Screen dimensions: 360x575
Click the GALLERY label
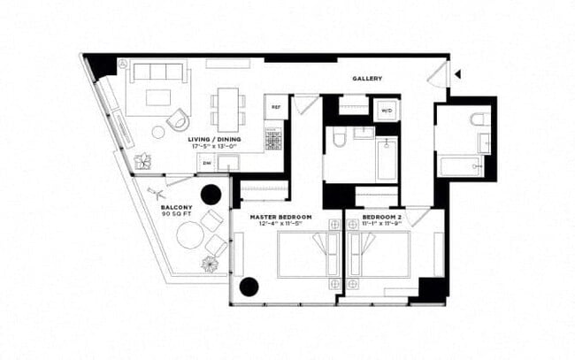(367, 79)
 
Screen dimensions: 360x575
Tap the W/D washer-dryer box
(387, 111)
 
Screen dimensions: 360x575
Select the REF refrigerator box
(275, 108)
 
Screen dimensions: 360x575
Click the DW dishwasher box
(206, 163)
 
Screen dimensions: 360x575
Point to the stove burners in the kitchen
(274, 141)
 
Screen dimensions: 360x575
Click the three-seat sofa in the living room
(157, 73)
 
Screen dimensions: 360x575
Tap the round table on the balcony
(190, 235)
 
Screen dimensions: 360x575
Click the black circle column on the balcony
(211, 194)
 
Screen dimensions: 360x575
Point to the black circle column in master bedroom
(249, 286)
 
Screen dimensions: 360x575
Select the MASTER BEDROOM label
(280, 218)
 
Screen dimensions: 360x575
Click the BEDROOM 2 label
(382, 218)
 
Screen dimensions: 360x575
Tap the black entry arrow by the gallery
(457, 75)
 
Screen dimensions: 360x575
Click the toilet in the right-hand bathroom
(479, 119)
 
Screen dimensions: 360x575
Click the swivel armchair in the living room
(179, 119)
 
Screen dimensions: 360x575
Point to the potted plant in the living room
(142, 160)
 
